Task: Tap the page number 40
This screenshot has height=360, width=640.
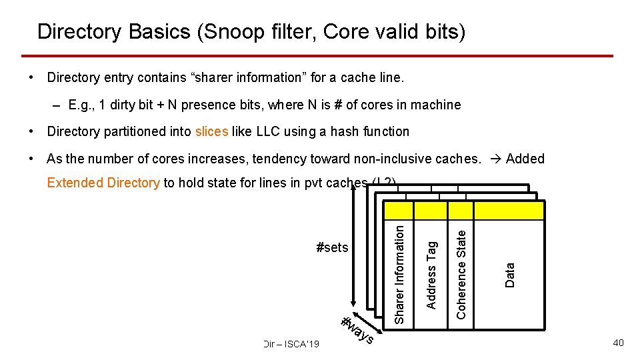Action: tap(618, 343)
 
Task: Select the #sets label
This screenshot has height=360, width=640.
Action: tap(332, 248)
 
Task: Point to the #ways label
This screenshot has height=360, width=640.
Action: tap(357, 330)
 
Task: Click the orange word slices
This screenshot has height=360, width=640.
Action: tap(211, 131)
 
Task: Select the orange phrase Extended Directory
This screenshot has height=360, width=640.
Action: tap(103, 183)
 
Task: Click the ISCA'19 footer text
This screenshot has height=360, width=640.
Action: tap(291, 344)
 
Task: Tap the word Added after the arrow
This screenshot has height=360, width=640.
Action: tap(525, 159)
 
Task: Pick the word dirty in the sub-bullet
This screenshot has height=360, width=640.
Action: tap(117, 105)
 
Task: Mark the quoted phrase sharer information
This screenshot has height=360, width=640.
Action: tap(245, 77)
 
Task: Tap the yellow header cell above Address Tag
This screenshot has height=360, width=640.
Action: tap(431, 211)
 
